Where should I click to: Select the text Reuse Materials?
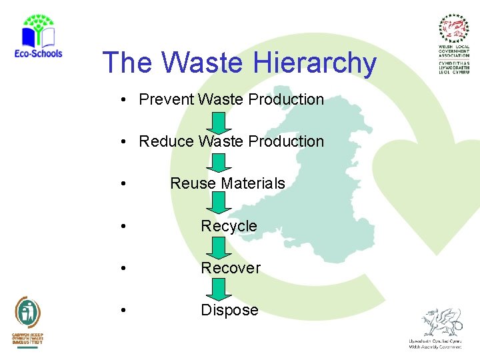(227, 183)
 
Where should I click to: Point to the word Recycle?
(229, 226)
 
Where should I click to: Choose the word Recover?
(231, 268)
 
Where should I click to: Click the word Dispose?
(229, 310)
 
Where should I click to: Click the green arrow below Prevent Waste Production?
(219, 122)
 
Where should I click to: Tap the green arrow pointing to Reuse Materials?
(219, 163)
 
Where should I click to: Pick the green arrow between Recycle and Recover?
(219, 247)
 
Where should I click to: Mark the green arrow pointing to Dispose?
(219, 289)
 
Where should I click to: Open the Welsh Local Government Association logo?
(453, 44)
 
